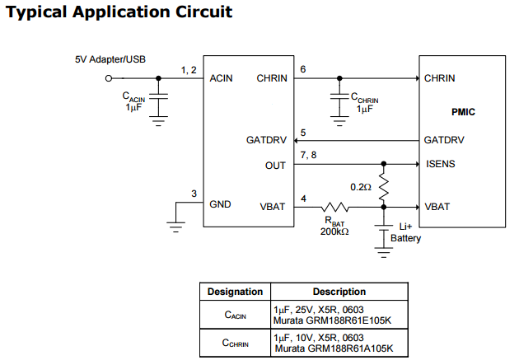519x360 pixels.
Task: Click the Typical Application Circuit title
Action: pyautogui.click(x=119, y=12)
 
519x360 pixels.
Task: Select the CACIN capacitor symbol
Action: pyautogui.click(x=159, y=97)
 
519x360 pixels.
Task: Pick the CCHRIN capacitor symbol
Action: pyautogui.click(x=339, y=97)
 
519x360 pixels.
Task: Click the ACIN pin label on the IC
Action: pyautogui.click(x=222, y=78)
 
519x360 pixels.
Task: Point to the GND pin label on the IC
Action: pyautogui.click(x=221, y=204)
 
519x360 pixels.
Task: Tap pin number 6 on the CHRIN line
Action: pyautogui.click(x=303, y=69)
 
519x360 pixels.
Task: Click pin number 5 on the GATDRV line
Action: pyautogui.click(x=303, y=132)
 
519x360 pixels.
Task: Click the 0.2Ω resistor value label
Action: pyautogui.click(x=361, y=187)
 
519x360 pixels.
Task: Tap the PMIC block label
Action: pyautogui.click(x=463, y=111)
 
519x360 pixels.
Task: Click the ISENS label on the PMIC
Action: pyautogui.click(x=440, y=164)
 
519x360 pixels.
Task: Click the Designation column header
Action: pyautogui.click(x=235, y=292)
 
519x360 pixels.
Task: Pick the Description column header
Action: pyautogui.click(x=339, y=292)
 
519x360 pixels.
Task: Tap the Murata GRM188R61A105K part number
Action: pyautogui.click(x=333, y=348)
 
